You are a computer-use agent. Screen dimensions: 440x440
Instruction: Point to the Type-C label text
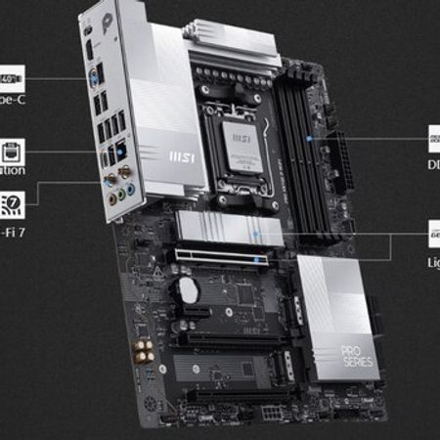(10, 99)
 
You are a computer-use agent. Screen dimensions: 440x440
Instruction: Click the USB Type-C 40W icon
(10, 76)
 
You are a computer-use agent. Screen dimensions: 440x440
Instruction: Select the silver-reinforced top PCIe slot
(219, 258)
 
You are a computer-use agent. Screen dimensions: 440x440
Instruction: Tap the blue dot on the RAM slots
(309, 139)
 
